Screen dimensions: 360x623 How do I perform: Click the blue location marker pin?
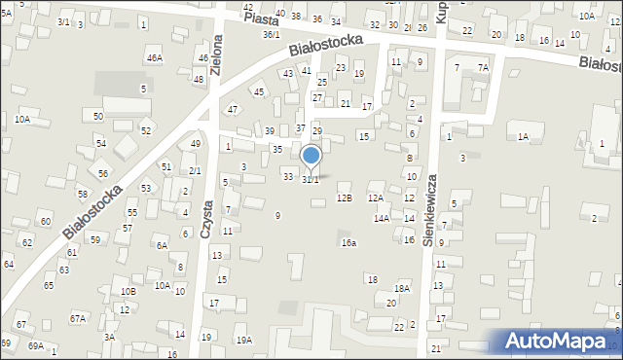coord(311,157)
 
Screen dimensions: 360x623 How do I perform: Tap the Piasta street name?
coord(262,19)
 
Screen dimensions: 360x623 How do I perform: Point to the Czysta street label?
coord(206,212)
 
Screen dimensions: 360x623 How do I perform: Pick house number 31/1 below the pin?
coord(311,180)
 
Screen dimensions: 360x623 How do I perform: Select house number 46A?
coord(154,58)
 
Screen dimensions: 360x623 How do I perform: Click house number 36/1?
coord(272,35)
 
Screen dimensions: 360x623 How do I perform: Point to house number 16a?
coord(348,242)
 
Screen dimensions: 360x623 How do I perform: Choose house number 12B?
coord(344,198)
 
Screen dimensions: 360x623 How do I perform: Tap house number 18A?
coord(401,288)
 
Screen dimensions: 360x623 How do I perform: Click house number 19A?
coord(243,340)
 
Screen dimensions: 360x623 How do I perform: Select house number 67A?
coord(77,318)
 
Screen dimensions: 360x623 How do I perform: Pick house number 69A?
coord(36,345)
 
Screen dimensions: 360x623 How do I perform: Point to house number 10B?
coord(128,291)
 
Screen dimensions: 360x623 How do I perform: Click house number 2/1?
coord(195,170)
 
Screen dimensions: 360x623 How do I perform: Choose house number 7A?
coord(483,67)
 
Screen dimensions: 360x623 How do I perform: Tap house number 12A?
coord(376,198)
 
